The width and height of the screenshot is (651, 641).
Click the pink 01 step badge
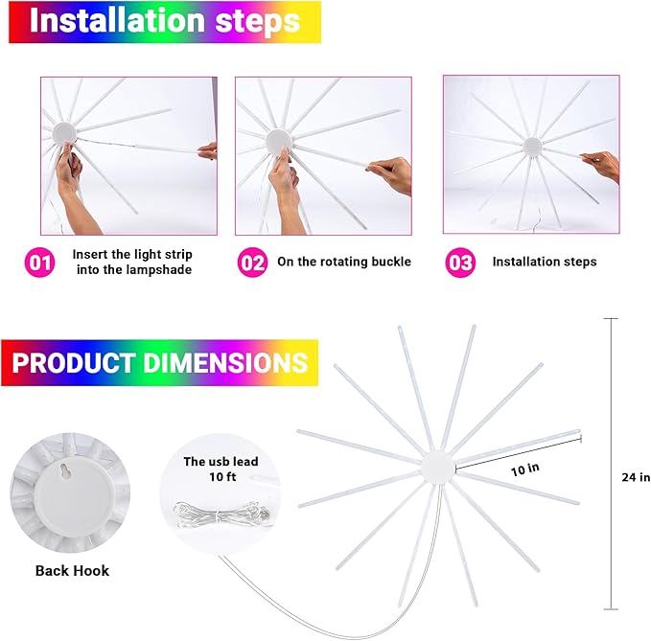40,263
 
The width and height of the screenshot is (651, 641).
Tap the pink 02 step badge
252,263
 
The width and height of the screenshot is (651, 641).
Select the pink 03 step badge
460,263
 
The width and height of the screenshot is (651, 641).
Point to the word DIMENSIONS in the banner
225,362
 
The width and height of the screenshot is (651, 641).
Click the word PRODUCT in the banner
74,362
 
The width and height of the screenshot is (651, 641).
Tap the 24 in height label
636,477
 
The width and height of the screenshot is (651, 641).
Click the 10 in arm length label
525,469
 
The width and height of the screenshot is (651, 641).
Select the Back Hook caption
72,570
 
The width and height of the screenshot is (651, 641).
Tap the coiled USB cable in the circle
221,515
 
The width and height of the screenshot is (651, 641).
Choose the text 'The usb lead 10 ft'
221,469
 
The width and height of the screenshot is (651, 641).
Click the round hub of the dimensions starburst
437,469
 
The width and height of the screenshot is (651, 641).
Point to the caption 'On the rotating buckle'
344,262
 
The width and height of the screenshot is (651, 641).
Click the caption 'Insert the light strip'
132,254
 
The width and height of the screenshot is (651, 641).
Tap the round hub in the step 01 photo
64,132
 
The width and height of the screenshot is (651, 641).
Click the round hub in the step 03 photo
532,146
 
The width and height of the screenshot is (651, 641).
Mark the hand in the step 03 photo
601,166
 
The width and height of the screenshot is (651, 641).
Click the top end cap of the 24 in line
611,318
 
